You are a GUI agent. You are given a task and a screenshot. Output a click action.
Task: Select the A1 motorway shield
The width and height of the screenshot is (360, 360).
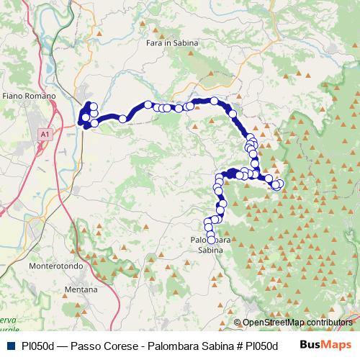click(x=45, y=134)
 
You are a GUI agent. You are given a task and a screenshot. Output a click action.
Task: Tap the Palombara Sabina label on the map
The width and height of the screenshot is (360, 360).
click(x=211, y=245)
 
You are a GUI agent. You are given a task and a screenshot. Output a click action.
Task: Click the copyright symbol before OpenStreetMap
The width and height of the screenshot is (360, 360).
click(x=238, y=323)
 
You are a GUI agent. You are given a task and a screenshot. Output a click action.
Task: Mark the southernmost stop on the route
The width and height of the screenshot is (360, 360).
click(x=211, y=240)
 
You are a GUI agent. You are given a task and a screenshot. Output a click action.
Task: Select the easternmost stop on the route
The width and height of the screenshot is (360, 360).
click(x=279, y=184)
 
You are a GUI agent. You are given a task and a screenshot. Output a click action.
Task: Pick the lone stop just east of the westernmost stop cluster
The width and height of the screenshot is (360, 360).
click(x=123, y=118)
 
